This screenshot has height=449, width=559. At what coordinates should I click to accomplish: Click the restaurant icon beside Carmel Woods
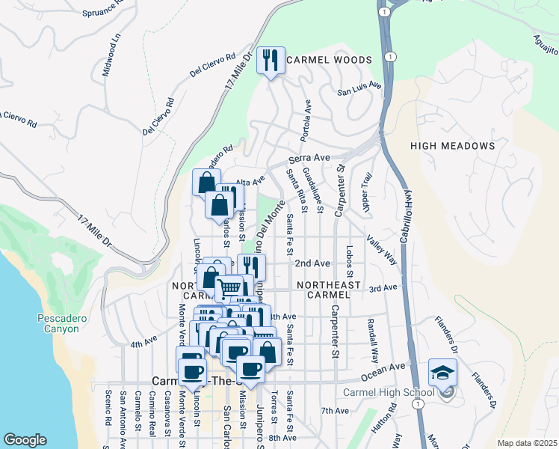(x=271, y=61)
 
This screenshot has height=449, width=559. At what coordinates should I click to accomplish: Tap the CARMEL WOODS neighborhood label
(x=328, y=60)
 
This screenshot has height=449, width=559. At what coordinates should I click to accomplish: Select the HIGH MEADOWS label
(x=452, y=146)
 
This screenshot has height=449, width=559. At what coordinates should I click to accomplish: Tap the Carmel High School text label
(x=388, y=393)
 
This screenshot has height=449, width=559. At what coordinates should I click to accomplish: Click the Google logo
(x=25, y=440)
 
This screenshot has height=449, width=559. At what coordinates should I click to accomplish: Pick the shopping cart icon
(x=229, y=287)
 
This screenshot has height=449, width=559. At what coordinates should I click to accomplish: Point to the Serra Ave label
(x=310, y=159)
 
